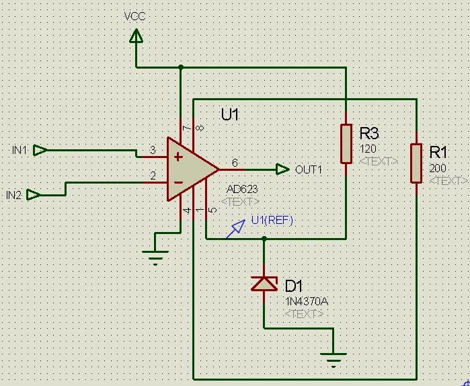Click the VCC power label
coord(135,16)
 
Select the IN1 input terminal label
coord(19,150)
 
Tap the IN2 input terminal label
coord(14,195)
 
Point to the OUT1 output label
coord(309,169)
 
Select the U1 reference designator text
coord(230,115)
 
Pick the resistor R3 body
coord(346,143)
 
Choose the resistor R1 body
coord(416,163)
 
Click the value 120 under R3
coord(368,149)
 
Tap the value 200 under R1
coord(438,169)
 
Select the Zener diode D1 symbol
coord(264,284)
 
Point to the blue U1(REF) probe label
coord(272,220)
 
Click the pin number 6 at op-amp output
coord(234,163)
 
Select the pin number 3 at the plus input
coord(153,149)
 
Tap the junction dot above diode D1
coord(264,238)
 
